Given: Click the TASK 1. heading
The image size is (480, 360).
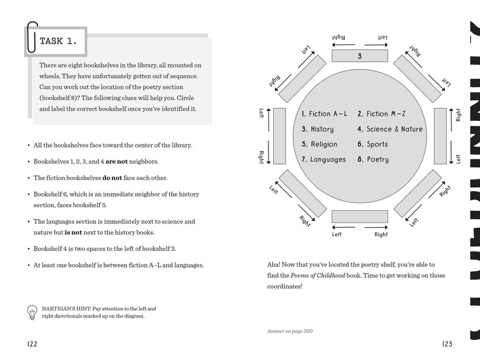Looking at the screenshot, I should pyautogui.click(x=62, y=41).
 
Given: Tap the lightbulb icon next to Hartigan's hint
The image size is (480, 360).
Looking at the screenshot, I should pyautogui.click(x=32, y=313).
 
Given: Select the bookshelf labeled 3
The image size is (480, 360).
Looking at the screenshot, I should pyautogui.click(x=360, y=56).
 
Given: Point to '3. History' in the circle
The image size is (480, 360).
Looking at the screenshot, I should pyautogui.click(x=318, y=129).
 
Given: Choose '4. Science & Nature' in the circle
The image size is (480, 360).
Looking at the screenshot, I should pyautogui.click(x=390, y=129).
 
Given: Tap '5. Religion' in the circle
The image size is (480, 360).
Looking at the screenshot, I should pyautogui.click(x=319, y=144).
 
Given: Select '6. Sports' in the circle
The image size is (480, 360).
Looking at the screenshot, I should pyautogui.click(x=373, y=144).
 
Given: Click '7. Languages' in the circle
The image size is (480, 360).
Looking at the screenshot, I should pyautogui.click(x=324, y=159).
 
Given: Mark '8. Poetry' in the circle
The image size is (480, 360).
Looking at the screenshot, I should pyautogui.click(x=373, y=159).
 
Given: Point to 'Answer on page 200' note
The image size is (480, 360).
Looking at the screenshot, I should pyautogui.click(x=290, y=331).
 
